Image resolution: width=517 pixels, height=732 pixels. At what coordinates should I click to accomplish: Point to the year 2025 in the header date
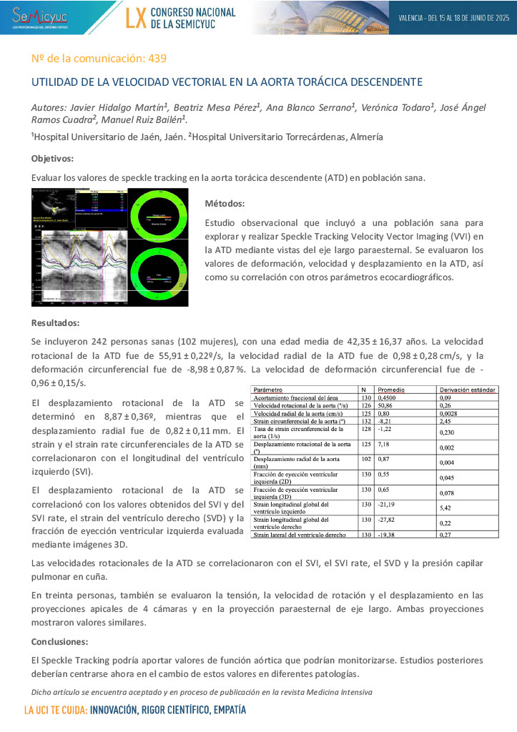tap(498, 17)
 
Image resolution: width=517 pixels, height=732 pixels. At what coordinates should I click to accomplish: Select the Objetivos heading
tap(52, 158)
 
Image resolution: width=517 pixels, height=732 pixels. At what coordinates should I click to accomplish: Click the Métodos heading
tap(225, 203)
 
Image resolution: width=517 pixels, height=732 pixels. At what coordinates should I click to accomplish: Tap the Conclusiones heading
tap(60, 641)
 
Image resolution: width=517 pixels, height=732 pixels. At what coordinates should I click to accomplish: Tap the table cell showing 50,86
tap(386, 405)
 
